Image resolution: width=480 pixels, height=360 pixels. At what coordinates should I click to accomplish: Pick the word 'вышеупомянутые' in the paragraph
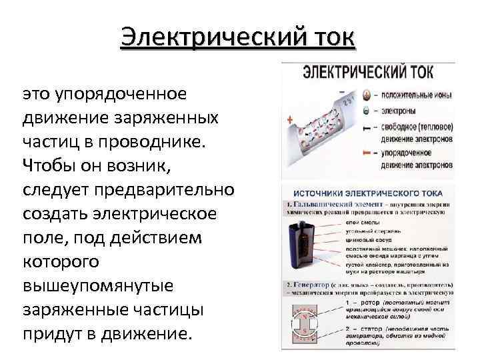click(98, 285)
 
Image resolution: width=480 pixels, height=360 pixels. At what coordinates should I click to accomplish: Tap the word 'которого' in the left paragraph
click(61, 261)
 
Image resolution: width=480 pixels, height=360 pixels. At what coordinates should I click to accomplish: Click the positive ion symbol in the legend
click(365, 95)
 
